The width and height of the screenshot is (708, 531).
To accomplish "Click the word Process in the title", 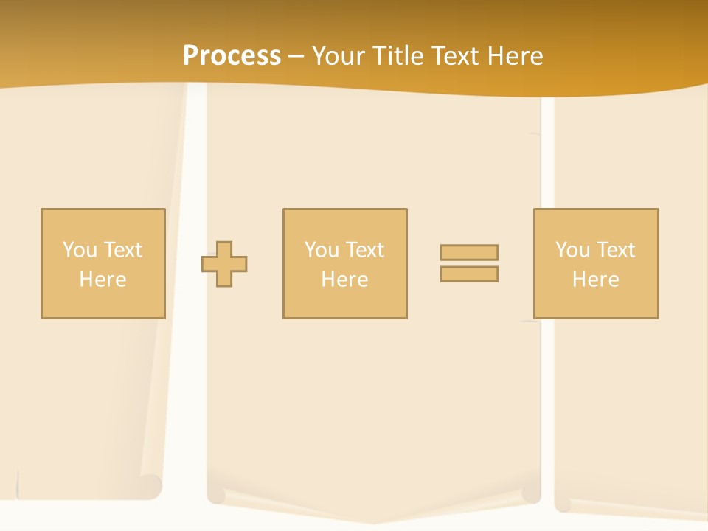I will (x=232, y=55).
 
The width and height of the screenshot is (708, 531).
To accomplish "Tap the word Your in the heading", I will (x=339, y=55).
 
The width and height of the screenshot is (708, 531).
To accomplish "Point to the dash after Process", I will (x=296, y=56).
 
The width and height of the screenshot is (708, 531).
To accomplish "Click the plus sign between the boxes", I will (x=224, y=264).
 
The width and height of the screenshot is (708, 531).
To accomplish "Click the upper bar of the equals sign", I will (x=469, y=252).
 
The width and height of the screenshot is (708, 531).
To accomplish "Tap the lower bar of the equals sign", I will (x=469, y=274).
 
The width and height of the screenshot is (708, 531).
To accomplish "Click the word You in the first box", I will (x=80, y=250).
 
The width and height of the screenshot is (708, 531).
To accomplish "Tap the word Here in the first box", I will (x=103, y=280).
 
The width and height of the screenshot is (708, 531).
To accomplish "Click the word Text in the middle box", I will (x=364, y=250).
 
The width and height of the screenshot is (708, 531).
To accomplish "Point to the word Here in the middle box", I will (x=344, y=280).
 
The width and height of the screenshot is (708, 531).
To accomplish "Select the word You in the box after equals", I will (x=572, y=250).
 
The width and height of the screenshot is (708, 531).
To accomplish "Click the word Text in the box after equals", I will (x=615, y=250).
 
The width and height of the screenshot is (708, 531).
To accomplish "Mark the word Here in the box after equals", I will (x=596, y=280).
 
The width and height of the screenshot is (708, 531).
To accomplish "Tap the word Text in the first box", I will (x=122, y=250).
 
